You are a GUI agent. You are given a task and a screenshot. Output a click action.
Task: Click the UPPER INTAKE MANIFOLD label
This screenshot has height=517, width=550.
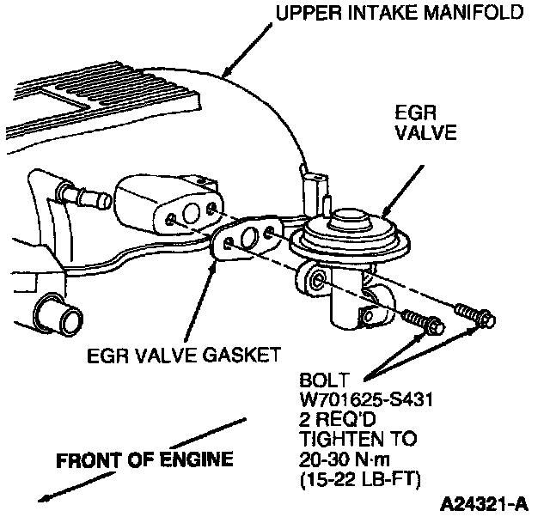(x=399, y=14)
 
